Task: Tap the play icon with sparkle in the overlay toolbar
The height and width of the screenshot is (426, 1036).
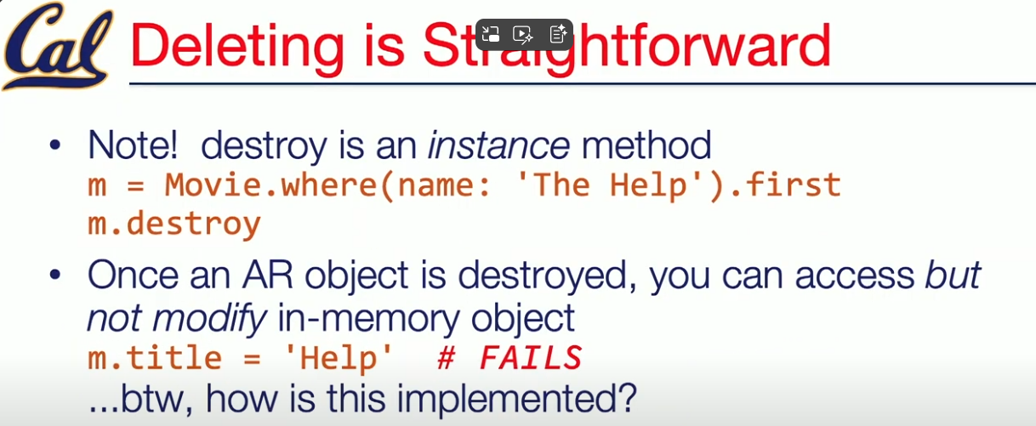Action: pyautogui.click(x=523, y=34)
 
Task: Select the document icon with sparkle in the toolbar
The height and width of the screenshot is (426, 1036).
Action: pyautogui.click(x=558, y=34)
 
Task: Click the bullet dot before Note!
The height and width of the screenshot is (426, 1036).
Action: pyautogui.click(x=55, y=145)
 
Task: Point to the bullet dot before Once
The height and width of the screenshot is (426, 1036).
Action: pyautogui.click(x=55, y=275)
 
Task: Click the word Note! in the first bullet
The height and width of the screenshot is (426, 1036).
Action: pyautogui.click(x=133, y=145)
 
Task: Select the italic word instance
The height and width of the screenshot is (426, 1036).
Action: pyautogui.click(x=498, y=145)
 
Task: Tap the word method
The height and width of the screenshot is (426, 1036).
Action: pyautogui.click(x=646, y=145)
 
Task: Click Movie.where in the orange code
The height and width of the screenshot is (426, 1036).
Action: pyautogui.click(x=270, y=186)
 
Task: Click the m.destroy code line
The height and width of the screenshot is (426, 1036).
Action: pyautogui.click(x=174, y=225)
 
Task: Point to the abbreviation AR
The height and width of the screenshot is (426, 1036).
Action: pyautogui.click(x=267, y=275)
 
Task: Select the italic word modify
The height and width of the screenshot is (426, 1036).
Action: pyautogui.click(x=210, y=319)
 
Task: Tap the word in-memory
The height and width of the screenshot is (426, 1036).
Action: pyautogui.click(x=368, y=319)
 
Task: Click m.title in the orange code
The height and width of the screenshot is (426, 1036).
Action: pyautogui.click(x=155, y=358)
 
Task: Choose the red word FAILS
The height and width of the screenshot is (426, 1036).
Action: pyautogui.click(x=531, y=358)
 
